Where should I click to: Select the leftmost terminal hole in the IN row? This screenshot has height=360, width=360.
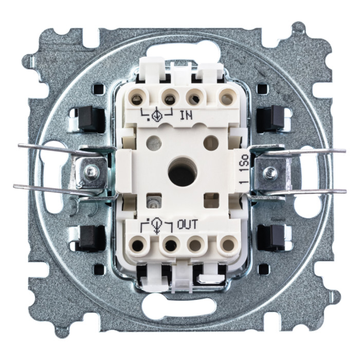point(137,99)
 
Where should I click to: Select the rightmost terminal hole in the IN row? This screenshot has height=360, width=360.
point(227,99)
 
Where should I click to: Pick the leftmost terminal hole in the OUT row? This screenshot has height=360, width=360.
point(137,246)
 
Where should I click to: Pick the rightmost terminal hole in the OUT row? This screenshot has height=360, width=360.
point(227,245)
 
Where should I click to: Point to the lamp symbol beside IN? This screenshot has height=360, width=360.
point(157,116)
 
